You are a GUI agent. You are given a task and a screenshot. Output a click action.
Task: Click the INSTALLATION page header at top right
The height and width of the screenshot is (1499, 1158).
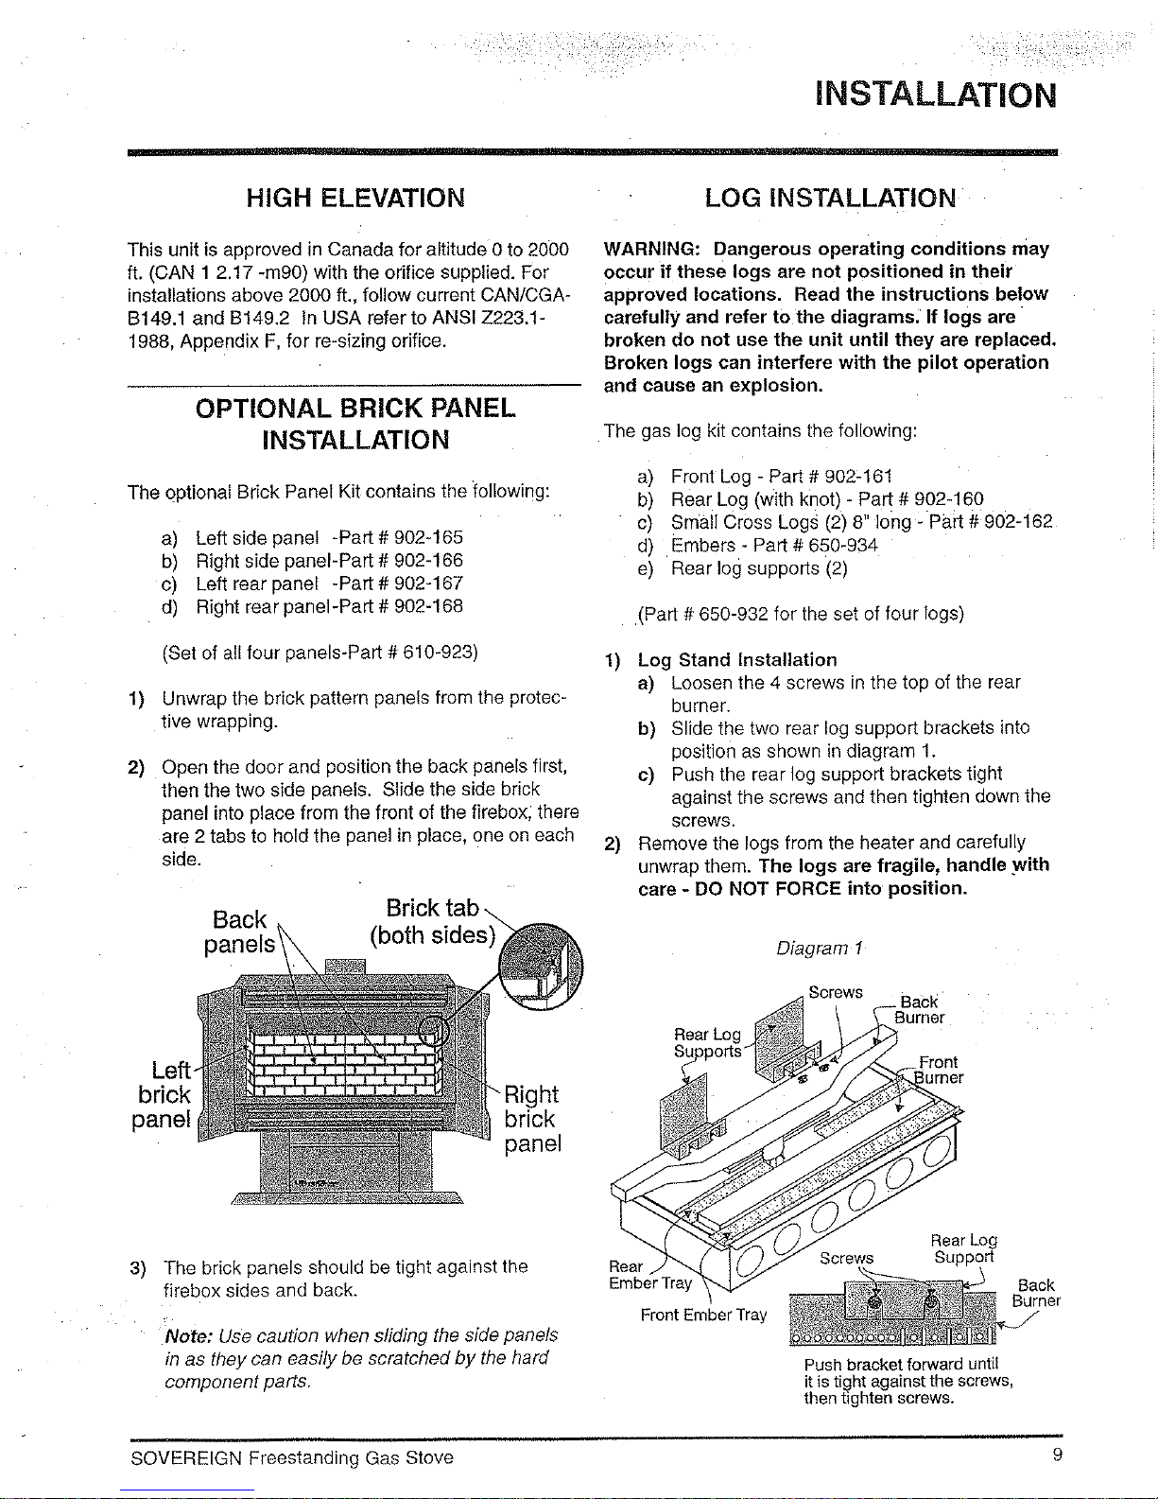pos(935,96)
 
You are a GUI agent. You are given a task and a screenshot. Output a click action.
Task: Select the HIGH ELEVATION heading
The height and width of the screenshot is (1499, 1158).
pos(355,198)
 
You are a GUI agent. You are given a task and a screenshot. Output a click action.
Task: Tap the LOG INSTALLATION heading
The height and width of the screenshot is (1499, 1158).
pos(831,198)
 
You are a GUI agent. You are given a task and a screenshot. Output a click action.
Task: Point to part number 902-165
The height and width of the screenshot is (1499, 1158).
pos(429,537)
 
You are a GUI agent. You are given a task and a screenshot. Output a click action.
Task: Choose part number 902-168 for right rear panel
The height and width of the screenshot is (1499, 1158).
pos(429,606)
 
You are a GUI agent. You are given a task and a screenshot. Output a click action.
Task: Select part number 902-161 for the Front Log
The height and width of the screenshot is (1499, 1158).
pos(858,477)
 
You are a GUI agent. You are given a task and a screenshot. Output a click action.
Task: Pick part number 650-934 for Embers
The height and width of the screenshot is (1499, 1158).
pos(843,546)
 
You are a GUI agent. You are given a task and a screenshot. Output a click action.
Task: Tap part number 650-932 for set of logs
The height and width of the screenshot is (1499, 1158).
pos(734,614)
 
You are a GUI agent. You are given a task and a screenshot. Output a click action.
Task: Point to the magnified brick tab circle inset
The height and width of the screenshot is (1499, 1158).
pos(541,967)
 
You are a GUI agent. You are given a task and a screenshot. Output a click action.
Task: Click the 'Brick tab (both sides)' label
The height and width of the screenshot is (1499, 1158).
pos(433,921)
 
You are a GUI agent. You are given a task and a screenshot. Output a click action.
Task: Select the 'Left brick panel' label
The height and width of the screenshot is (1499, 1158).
pos(162,1095)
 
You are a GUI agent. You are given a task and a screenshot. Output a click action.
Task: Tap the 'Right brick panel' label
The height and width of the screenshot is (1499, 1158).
pos(532,1119)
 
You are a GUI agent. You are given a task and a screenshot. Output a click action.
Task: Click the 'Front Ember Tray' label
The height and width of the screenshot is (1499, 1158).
pos(703,1315)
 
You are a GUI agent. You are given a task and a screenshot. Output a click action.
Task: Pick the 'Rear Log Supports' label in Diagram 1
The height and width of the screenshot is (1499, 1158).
pos(708,1043)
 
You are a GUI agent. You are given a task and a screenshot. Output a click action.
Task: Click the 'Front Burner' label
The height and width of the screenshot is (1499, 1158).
pos(938,1070)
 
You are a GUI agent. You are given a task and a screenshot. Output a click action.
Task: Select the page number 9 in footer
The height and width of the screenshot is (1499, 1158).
pos(1058,1455)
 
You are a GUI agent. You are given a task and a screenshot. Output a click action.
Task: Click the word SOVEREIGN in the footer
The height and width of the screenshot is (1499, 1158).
pos(186,1458)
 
